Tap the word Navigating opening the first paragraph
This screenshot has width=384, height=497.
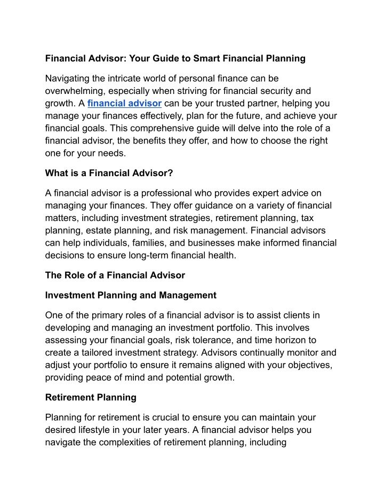[x=70, y=78]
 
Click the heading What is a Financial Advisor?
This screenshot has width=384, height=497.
[x=109, y=173]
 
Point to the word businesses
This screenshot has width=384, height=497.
[x=205, y=242]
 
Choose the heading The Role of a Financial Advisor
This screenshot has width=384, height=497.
[x=115, y=275]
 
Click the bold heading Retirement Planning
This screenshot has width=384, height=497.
[x=91, y=397]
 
